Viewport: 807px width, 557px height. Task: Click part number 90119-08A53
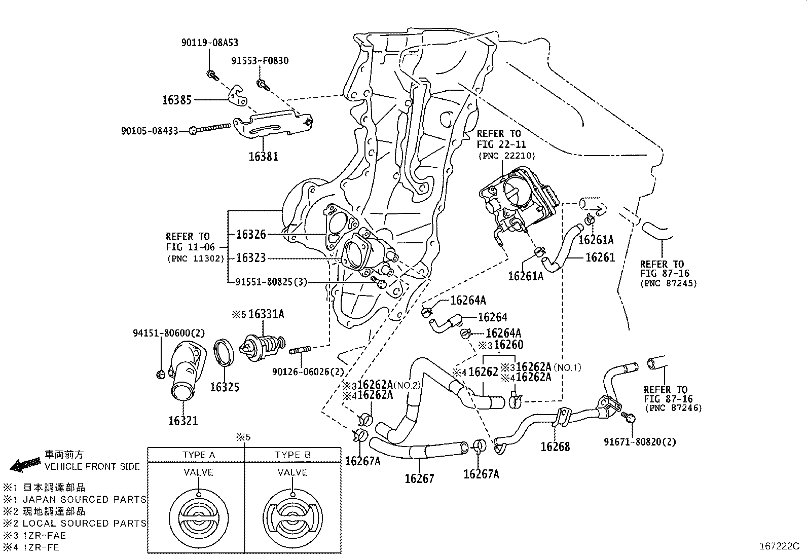coord(209,43)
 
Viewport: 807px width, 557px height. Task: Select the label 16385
coord(177,100)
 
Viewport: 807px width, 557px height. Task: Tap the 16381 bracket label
coord(263,156)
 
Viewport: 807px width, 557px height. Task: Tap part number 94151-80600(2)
coord(169,333)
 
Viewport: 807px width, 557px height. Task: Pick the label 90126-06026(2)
coord(308,372)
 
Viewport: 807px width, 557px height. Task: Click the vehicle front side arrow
coord(25,464)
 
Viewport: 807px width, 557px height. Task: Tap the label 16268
coord(555,447)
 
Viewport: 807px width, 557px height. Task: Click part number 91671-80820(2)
coord(640,441)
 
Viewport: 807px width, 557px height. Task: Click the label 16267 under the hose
coord(419,478)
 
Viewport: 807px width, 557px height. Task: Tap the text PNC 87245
coord(669,283)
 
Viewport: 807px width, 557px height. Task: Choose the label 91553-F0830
coord(260,61)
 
